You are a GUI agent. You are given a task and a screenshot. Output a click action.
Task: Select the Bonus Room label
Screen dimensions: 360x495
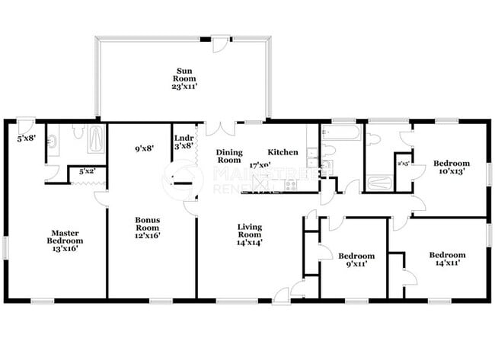[x=148, y=229]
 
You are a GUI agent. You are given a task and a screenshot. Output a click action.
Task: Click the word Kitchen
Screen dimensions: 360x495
[x=282, y=153]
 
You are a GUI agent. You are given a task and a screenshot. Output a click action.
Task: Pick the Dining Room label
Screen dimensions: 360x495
[x=229, y=157]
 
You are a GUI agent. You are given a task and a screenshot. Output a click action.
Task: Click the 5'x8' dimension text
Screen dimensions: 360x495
[x=26, y=139]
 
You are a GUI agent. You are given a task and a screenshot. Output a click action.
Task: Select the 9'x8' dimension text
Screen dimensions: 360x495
[x=145, y=149]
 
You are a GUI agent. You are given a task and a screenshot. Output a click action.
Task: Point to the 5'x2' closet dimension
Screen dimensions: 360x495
[x=87, y=173]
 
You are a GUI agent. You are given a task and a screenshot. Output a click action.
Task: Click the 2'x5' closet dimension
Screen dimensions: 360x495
[x=403, y=163]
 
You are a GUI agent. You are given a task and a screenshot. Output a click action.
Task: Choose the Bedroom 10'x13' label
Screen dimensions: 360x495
[x=452, y=167]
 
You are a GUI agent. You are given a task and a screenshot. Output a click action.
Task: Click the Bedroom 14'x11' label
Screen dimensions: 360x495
[x=447, y=260]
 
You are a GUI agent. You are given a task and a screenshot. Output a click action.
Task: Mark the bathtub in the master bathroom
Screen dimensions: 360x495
[x=97, y=139]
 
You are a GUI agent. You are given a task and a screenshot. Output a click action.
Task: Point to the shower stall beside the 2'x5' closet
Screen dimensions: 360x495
[x=378, y=183]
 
